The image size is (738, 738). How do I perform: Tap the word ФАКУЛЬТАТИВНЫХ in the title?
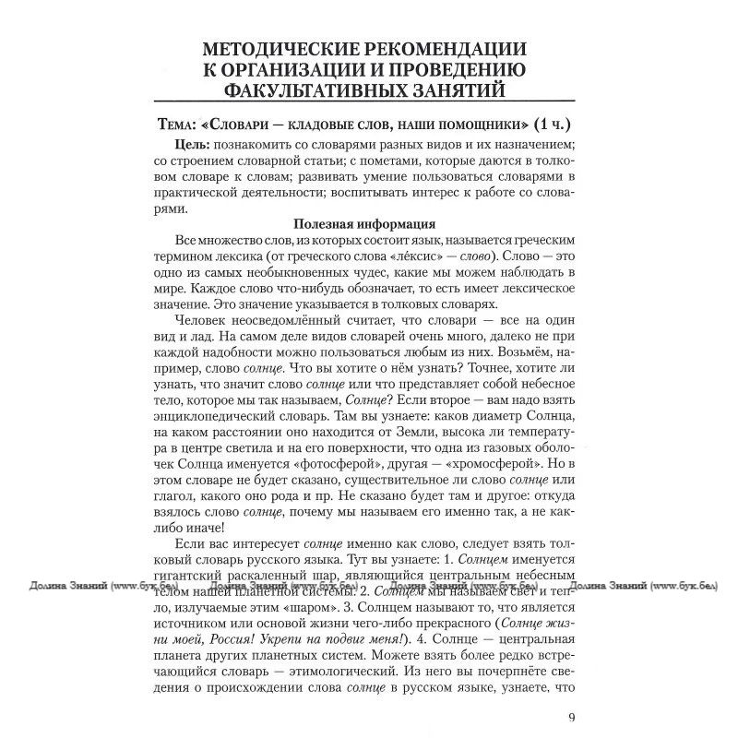(315, 89)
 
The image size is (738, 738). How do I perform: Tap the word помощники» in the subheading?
(468, 124)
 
